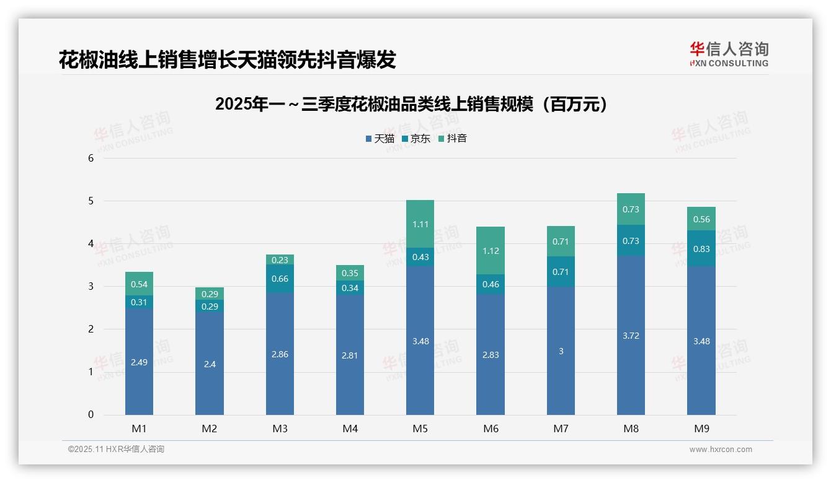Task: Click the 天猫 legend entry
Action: pyautogui.click(x=380, y=139)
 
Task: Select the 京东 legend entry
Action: pyautogui.click(x=416, y=139)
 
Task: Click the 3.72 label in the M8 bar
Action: pyautogui.click(x=631, y=336)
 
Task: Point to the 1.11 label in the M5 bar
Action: pyautogui.click(x=420, y=224)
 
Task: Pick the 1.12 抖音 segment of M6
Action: pyautogui.click(x=491, y=251)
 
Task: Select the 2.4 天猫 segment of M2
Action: pyautogui.click(x=210, y=364)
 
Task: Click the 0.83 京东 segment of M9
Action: pyautogui.click(x=701, y=249)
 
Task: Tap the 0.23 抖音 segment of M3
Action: pyautogui.click(x=280, y=260)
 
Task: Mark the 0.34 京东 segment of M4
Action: pyautogui.click(x=350, y=288)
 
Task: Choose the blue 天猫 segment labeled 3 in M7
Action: pyautogui.click(x=561, y=351)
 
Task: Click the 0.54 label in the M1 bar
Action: pyautogui.click(x=139, y=284)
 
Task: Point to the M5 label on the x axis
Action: pyautogui.click(x=420, y=429)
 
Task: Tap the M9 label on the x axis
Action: pyautogui.click(x=701, y=429)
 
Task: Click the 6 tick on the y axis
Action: pyautogui.click(x=91, y=158)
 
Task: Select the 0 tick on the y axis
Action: pyautogui.click(x=91, y=415)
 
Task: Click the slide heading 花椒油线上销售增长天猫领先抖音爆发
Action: pyautogui.click(x=227, y=60)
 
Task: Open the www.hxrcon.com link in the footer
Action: pyautogui.click(x=720, y=450)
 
